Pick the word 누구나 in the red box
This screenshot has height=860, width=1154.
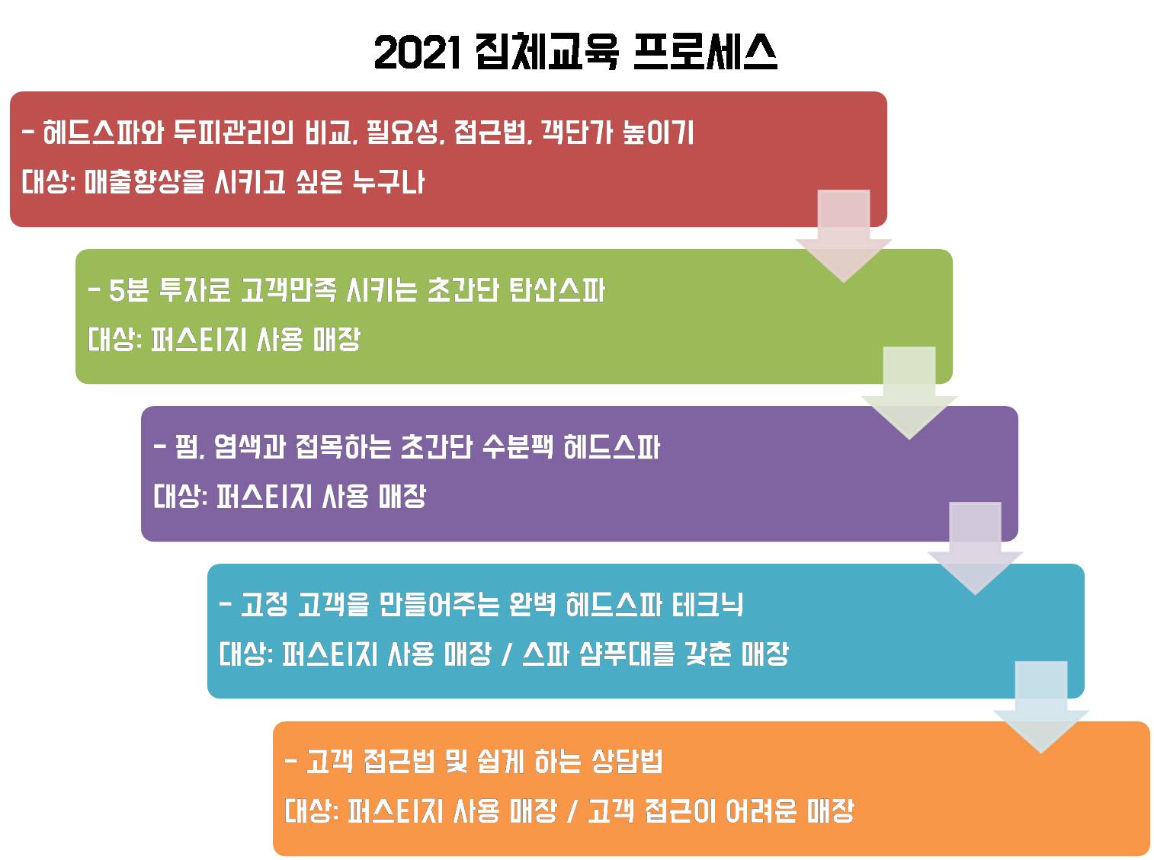(x=389, y=181)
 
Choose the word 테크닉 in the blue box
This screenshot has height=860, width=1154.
(x=707, y=605)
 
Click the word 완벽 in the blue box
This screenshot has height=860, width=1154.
(x=531, y=605)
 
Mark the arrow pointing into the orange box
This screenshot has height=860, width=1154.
(x=1041, y=706)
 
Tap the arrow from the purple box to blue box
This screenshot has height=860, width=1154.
(x=975, y=548)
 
